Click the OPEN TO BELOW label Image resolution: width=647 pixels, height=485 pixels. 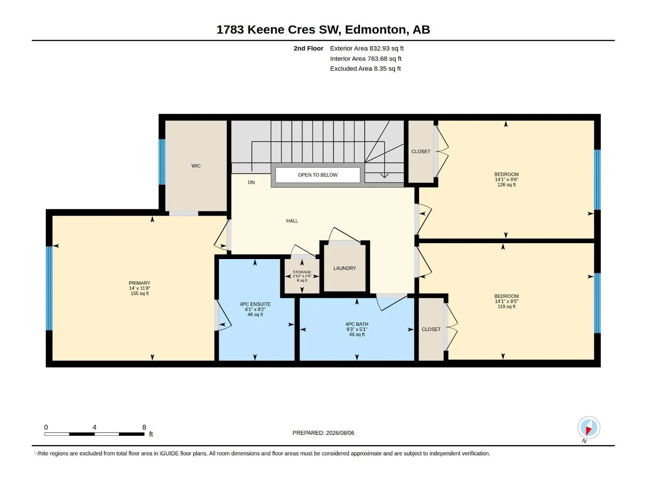[317, 175]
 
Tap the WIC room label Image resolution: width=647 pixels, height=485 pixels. [196, 166]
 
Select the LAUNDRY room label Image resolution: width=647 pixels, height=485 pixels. [345, 268]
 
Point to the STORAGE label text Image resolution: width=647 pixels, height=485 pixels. [302, 272]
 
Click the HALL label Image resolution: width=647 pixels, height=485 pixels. [292, 221]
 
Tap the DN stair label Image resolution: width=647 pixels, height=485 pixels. [251, 182]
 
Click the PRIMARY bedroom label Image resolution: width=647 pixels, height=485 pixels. [140, 283]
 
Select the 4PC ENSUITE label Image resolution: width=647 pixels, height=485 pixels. [255, 304]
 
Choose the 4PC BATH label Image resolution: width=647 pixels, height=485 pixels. [357, 324]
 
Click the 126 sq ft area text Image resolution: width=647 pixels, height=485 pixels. [506, 185]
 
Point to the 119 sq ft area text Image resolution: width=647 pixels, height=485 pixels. [506, 306]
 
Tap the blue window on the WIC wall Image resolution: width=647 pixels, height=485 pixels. [162, 162]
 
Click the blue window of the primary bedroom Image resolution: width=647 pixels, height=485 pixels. [49, 288]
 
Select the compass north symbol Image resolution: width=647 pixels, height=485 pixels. [589, 428]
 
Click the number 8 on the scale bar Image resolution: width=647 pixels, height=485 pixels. [144, 427]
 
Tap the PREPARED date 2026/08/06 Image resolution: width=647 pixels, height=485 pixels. [340, 433]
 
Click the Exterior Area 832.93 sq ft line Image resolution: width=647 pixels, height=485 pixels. [367, 48]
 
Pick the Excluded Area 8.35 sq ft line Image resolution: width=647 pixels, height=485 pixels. [365, 69]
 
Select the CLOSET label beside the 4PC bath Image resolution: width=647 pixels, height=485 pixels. [431, 329]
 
